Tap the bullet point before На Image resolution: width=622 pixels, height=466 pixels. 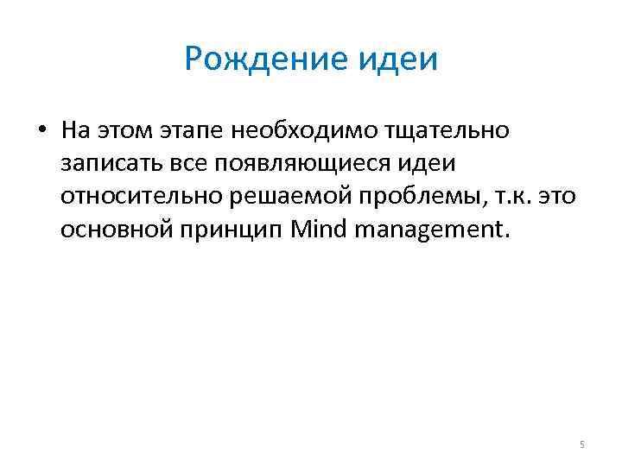[41, 131]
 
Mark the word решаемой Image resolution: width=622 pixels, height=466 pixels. [287, 198]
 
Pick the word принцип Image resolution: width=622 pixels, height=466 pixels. [232, 230]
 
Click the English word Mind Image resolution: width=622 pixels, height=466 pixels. [321, 230]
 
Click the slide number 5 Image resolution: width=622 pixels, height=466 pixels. [581, 444]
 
